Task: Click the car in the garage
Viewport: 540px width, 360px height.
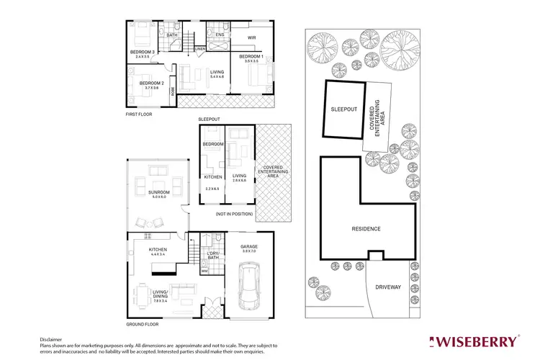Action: click(251, 287)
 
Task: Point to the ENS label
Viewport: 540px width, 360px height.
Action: click(219, 34)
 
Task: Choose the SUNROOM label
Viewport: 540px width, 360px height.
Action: click(158, 193)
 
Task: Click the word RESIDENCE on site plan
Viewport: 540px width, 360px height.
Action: click(366, 229)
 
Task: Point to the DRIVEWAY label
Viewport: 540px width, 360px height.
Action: click(387, 287)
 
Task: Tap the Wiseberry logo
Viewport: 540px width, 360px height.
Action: click(473, 340)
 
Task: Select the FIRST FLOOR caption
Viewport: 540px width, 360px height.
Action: click(140, 114)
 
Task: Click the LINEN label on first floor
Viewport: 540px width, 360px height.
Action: click(200, 49)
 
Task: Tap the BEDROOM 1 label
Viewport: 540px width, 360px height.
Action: click(252, 55)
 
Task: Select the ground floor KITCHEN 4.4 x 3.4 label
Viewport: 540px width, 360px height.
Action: click(158, 251)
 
